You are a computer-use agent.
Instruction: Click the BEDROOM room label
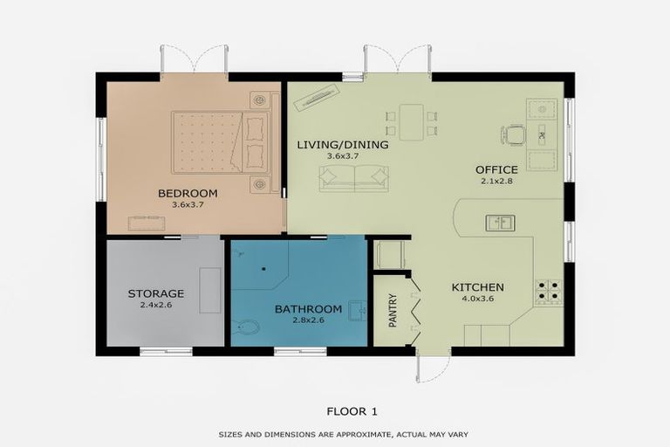coord(188,193)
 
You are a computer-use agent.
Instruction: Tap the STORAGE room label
coord(156,294)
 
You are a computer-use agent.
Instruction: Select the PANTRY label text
coord(393,311)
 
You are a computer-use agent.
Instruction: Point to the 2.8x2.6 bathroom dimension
coord(309,320)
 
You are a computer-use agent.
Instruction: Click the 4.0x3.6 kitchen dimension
coord(478,299)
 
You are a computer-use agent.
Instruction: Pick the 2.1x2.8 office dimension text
coord(496,181)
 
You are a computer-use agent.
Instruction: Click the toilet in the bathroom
coord(248,328)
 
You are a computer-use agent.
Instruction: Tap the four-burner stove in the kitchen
coord(549,291)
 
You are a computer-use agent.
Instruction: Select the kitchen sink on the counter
coord(500,223)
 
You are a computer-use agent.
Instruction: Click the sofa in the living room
coord(354,178)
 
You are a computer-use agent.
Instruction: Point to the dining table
coord(412,122)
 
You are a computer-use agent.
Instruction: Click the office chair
coord(513,135)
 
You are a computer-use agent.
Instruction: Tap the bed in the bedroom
coord(222,142)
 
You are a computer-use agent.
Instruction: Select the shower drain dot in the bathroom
coord(264,269)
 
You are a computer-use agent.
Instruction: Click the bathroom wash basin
coord(358,311)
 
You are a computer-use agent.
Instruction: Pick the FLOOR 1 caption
coord(352,411)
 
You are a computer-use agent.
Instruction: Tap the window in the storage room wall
coord(167,352)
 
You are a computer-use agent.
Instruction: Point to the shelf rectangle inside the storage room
coord(210,291)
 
